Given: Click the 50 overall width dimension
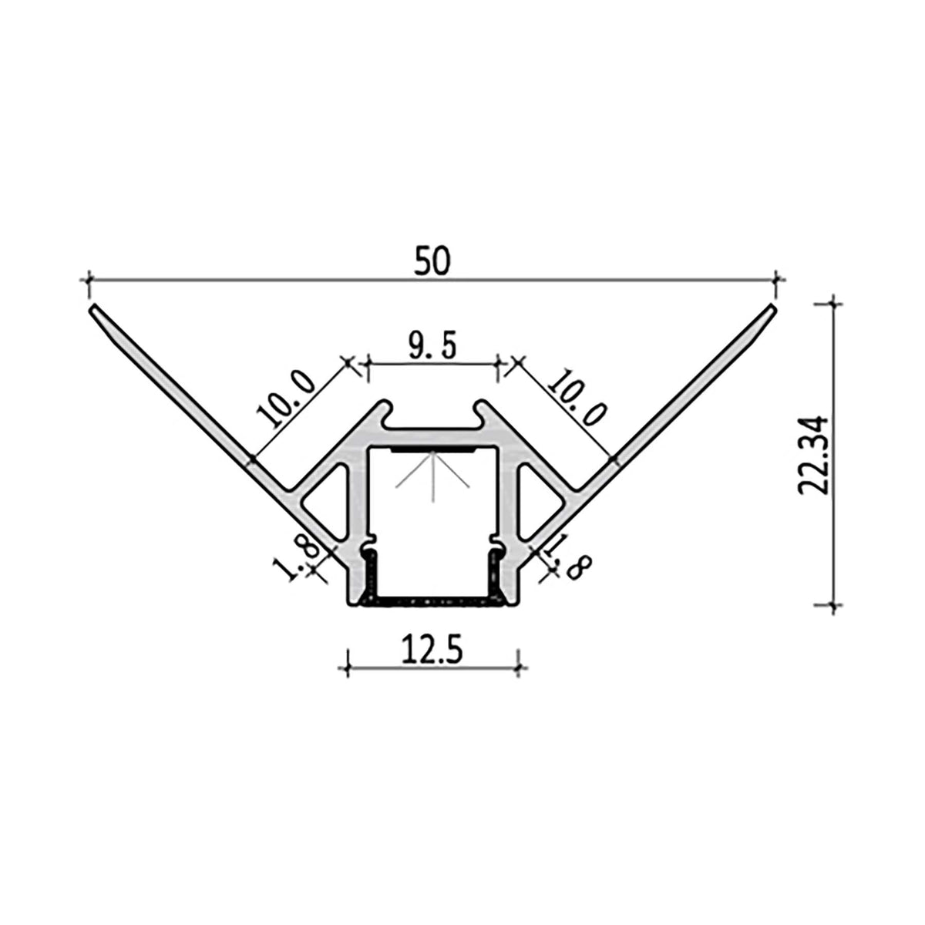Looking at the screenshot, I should pos(431,262).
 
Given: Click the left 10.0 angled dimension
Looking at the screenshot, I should pos(287,399).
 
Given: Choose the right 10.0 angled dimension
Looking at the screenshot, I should pos(577,399).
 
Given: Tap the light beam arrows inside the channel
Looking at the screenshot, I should pos(432,472).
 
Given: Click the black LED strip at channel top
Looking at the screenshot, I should pos(432,449).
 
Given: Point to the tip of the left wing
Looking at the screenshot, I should pos(93,309).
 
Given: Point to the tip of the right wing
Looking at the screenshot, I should pos(770,308).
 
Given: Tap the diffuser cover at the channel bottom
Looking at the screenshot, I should pos(432,599).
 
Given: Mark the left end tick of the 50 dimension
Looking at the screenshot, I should pos(90,280).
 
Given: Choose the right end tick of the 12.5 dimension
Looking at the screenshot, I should pos(519,663).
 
